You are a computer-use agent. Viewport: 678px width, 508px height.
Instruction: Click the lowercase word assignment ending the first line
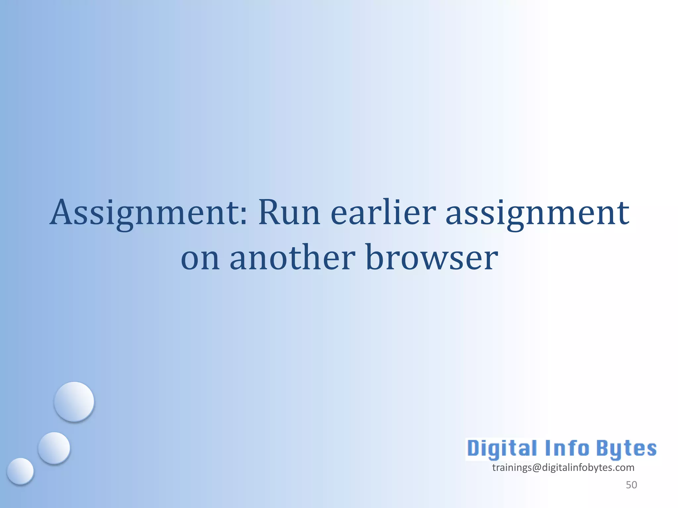pyautogui.click(x=537, y=213)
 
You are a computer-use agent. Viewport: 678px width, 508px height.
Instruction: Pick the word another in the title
pyautogui.click(x=293, y=257)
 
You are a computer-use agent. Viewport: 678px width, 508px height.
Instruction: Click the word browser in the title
pyautogui.click(x=432, y=257)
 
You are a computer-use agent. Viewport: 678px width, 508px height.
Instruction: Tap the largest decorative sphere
pyautogui.click(x=74, y=402)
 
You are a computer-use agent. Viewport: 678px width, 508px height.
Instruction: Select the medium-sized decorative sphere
pyautogui.click(x=54, y=448)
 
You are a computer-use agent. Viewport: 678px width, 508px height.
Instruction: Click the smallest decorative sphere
pyautogui.click(x=21, y=471)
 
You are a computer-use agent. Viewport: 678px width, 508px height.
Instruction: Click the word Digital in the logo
pyautogui.click(x=502, y=449)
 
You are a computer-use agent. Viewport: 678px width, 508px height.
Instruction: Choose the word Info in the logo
pyautogui.click(x=567, y=448)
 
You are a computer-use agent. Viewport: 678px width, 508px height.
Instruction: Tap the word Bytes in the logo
pyautogui.click(x=626, y=449)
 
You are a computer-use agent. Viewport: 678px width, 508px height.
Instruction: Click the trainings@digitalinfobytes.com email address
pyautogui.click(x=563, y=468)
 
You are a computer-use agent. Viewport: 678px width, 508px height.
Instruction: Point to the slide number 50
pyautogui.click(x=631, y=485)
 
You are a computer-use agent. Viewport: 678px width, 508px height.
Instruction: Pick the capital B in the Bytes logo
pyautogui.click(x=604, y=448)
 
